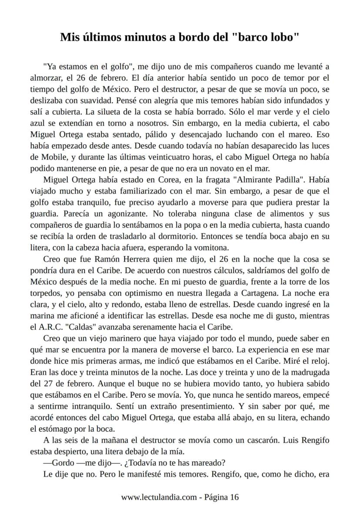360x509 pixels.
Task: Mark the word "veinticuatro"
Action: coord(166,157)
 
